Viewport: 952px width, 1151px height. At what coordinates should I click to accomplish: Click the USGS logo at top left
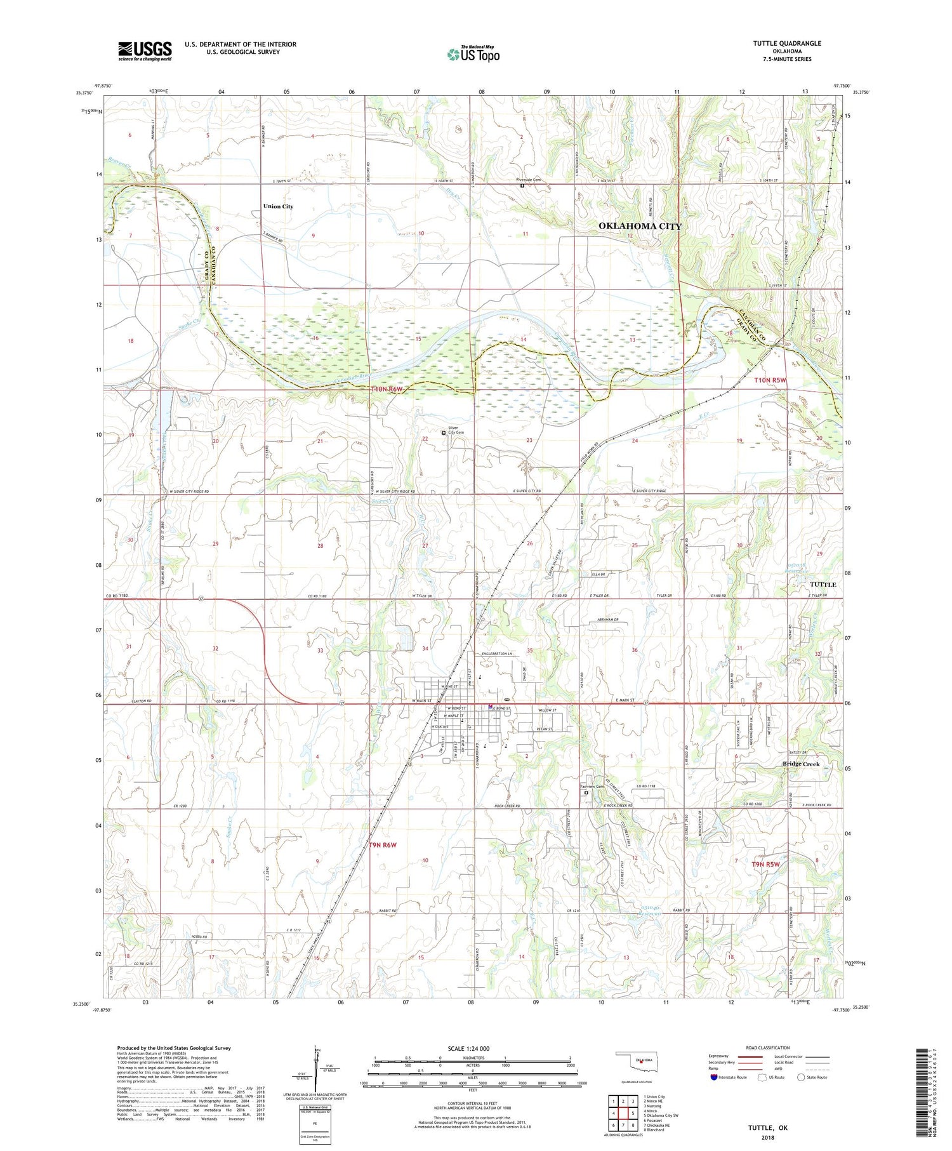pos(145,51)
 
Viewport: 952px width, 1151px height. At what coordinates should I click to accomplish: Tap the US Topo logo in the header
pos(473,54)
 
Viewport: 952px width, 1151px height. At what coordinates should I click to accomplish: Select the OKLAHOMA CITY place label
pos(640,226)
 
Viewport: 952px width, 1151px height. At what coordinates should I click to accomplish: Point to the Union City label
pos(278,206)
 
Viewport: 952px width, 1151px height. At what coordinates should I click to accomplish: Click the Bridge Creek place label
pos(800,764)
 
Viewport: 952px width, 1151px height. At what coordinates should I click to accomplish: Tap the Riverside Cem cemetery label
pos(527,180)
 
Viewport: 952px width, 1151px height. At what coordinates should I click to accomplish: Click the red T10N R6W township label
pos(386,389)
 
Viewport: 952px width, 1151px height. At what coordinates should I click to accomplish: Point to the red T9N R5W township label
pos(765,864)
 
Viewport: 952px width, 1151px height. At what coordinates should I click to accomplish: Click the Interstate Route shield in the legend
pos(714,1077)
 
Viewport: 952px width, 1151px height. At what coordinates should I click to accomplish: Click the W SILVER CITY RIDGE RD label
pos(188,491)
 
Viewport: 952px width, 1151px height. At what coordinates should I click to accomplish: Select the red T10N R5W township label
pos(770,380)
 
